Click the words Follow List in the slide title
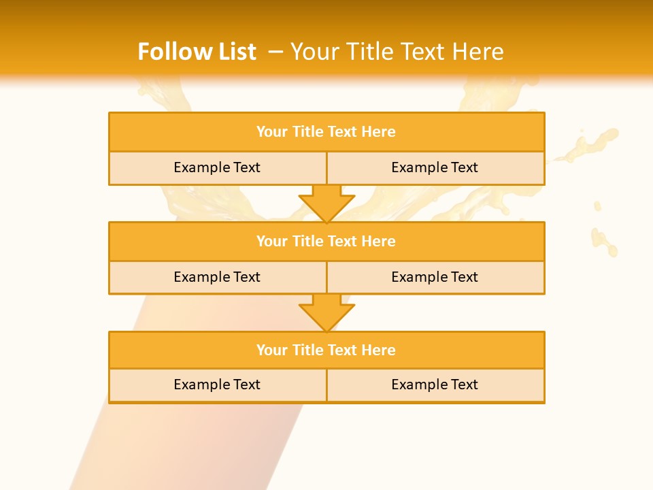click(x=197, y=52)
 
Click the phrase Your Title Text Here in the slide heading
click(x=397, y=52)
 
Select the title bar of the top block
click(x=326, y=132)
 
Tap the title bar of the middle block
click(x=326, y=242)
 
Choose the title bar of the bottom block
click(x=326, y=350)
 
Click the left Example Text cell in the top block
click(x=217, y=168)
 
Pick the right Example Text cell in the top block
click(x=435, y=168)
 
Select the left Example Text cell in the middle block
click(x=217, y=278)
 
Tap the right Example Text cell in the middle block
click(x=435, y=278)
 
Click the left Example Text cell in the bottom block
click(x=217, y=385)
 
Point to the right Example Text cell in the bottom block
click(x=435, y=385)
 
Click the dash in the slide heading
click(x=275, y=52)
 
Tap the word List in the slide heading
click(x=235, y=52)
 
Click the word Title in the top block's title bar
click(x=307, y=132)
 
